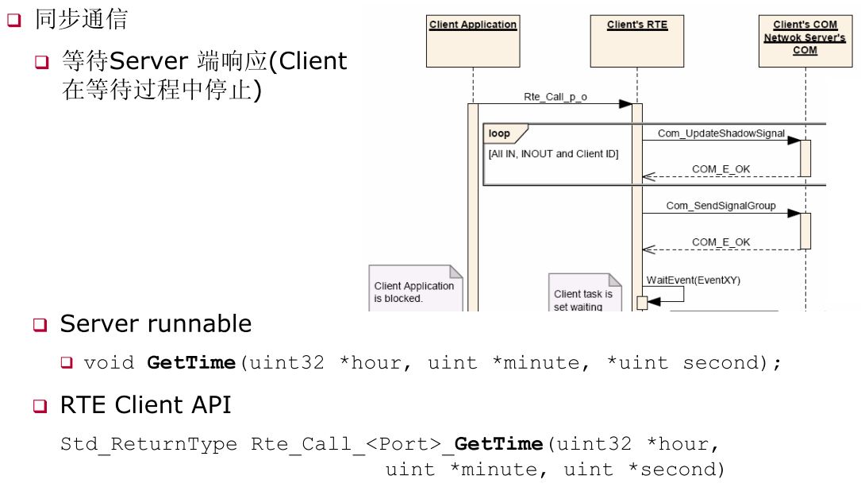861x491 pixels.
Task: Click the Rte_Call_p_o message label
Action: point(555,97)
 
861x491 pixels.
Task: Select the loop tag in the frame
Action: point(500,134)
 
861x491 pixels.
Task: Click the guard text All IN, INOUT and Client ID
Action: point(553,154)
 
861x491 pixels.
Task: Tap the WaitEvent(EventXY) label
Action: point(693,280)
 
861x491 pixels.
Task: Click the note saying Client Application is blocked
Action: point(414,292)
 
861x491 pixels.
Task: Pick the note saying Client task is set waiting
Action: point(583,299)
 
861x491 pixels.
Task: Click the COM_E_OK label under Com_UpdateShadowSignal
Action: point(721,169)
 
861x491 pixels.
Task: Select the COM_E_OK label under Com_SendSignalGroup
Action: point(721,242)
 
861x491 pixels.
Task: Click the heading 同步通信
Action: point(80,19)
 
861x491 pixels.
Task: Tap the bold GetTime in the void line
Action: point(191,363)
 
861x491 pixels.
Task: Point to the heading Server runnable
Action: point(156,324)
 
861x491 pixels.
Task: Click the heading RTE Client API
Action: point(145,405)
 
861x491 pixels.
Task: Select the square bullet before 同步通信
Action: point(13,21)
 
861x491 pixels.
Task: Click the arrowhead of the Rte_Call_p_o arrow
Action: point(625,104)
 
